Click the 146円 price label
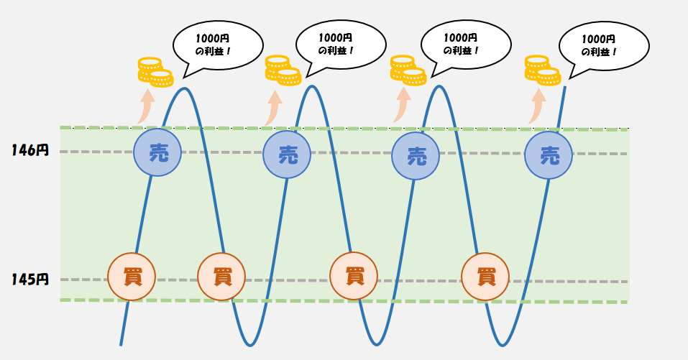pyautogui.click(x=29, y=151)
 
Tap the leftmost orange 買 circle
pyautogui.click(x=130, y=277)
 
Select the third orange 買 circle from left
pyautogui.click(x=353, y=277)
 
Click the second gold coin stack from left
pyautogui.click(x=282, y=70)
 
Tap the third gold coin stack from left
pyautogui.click(x=408, y=70)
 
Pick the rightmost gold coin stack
pyautogui.click(x=541, y=70)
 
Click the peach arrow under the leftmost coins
pyautogui.click(x=145, y=106)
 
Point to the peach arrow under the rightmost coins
pyautogui.click(x=536, y=106)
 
